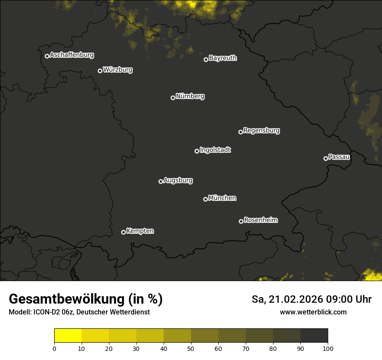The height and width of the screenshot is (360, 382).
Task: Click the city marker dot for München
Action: click(205, 199)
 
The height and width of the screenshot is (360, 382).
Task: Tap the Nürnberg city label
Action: click(190, 96)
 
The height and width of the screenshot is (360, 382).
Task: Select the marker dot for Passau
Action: click(326, 158)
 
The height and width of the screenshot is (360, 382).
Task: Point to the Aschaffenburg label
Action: click(72, 55)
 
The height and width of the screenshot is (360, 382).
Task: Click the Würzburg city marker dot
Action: click(100, 71)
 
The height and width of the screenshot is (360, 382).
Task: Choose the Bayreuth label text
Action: click(223, 58)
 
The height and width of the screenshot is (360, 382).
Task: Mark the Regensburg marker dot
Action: click(240, 132)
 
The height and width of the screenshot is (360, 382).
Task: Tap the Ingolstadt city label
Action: click(215, 150)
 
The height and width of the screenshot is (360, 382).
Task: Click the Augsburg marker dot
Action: click(161, 181)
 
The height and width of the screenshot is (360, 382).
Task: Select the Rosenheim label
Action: click(260, 220)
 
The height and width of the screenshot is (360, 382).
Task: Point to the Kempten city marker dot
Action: click(123, 232)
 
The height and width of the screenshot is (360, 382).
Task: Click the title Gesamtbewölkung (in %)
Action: click(86, 299)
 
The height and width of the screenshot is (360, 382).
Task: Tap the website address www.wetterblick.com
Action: click(313, 312)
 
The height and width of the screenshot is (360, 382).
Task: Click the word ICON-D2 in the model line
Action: click(43, 312)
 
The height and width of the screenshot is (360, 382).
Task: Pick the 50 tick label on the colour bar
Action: click(191, 348)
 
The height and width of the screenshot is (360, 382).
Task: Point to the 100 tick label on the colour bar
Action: click(328, 348)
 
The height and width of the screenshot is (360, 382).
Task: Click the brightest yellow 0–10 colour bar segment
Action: click(68, 336)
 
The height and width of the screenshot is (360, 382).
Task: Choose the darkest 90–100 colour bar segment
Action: click(314, 336)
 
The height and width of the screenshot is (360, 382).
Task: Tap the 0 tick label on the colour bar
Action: click(54, 348)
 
